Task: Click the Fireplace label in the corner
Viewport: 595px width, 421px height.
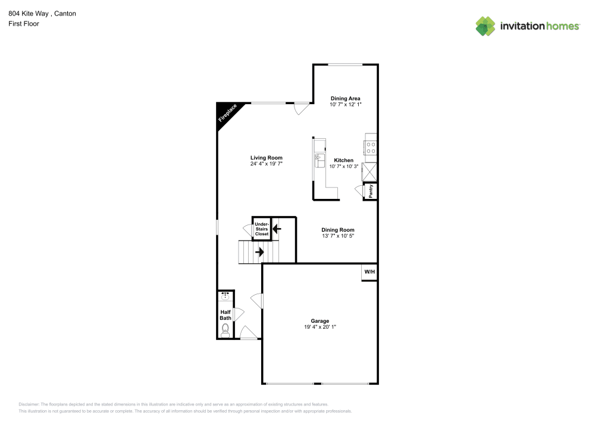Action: point(227,114)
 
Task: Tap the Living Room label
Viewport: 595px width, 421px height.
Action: point(266,158)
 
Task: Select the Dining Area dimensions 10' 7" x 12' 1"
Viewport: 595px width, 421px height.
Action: point(346,105)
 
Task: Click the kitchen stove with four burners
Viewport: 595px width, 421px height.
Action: point(371,147)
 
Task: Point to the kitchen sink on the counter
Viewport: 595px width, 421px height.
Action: point(319,160)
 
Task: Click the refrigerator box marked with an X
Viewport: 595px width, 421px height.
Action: point(371,171)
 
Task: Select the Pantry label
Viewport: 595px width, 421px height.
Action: point(371,191)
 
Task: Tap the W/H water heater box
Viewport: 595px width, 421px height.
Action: point(369,272)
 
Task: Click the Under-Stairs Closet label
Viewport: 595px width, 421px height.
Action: point(262,229)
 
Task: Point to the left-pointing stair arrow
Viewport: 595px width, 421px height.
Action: point(277,228)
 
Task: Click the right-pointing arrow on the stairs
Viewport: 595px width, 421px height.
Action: point(259,252)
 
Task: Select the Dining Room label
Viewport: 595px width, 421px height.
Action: point(338,230)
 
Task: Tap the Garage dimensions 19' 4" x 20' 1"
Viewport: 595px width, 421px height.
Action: point(320,327)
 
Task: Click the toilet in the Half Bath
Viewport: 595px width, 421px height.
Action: point(225,330)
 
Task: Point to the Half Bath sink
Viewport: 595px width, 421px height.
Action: point(225,296)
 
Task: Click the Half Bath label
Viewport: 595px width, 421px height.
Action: point(226,315)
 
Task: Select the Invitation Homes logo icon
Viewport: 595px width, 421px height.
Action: point(486,26)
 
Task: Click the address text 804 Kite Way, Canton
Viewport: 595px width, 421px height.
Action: point(42,13)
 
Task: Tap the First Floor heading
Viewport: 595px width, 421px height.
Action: point(24,24)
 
